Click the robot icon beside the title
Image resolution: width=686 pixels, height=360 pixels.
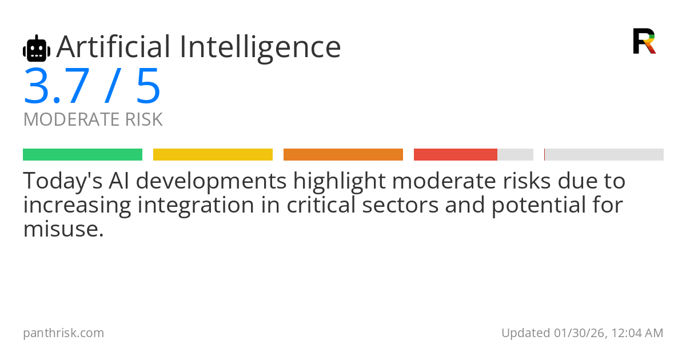coord(37,49)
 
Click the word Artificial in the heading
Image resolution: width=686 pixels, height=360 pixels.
coord(113,46)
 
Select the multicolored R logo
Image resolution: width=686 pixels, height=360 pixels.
coord(644,41)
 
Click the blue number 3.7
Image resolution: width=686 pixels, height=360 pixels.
coord(57,86)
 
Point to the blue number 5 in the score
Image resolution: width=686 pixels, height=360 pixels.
coord(149,86)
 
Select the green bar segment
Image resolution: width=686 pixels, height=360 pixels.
coord(83,155)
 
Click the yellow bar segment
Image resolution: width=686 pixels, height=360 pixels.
coord(213,155)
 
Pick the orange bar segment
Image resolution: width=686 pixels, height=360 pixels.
coord(343,155)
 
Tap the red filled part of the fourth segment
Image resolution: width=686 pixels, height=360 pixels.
coord(456,155)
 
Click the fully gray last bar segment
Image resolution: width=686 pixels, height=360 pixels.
coord(604,155)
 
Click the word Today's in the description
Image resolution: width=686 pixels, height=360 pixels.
coord(63,181)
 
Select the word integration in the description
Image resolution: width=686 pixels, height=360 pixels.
coord(196,206)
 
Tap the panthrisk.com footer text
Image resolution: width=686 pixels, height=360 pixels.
coord(63,333)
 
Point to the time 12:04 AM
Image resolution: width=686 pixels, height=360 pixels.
coord(637,333)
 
